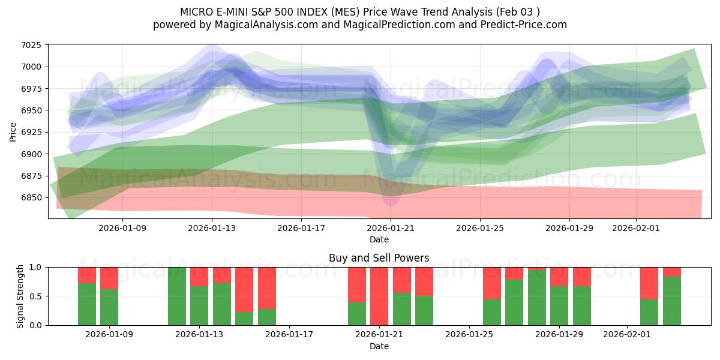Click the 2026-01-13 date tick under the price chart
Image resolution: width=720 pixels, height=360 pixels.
[x=212, y=228]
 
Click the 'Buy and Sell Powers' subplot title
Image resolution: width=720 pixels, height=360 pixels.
[x=379, y=258]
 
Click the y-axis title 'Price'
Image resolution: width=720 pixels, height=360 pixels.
[x=13, y=131]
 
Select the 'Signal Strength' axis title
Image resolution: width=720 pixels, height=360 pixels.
[x=20, y=296]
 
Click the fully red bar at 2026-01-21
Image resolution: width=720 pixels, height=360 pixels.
[x=379, y=296]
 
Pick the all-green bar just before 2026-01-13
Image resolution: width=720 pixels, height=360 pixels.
[x=177, y=296]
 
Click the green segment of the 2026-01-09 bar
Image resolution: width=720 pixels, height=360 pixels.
[x=109, y=307]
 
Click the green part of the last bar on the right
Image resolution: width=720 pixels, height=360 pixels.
[x=672, y=301]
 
